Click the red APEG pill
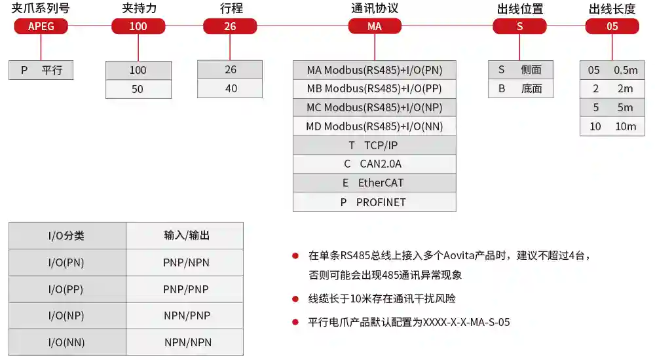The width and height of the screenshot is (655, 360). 41,26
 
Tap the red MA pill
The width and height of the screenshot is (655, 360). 375,26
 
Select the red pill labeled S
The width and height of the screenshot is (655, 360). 519,26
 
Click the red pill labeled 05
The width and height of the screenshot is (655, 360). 612,26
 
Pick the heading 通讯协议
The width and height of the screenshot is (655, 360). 375,9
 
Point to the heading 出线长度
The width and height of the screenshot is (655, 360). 612,9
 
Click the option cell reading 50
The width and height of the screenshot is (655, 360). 138,89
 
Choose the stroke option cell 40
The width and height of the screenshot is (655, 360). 230,88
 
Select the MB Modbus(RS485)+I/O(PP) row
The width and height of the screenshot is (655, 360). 374,88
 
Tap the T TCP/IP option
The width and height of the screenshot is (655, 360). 374,145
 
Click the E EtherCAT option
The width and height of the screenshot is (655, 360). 374,183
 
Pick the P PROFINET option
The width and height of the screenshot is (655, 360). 374,202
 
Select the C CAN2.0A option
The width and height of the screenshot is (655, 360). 374,164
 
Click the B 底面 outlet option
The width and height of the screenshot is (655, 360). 521,88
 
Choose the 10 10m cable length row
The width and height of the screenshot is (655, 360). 612,126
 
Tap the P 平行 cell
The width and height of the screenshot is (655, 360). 41,70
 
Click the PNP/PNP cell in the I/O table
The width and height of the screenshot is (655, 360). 185,289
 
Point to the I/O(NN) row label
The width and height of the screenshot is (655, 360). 67,342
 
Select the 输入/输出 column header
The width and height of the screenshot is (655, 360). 185,236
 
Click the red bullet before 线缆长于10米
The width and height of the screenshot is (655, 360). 295,298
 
